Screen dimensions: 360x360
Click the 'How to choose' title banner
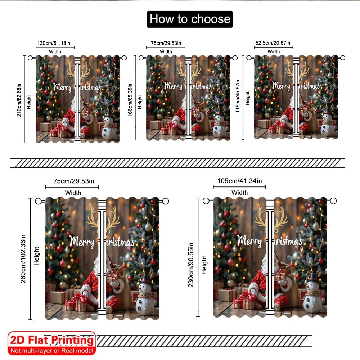[190, 19]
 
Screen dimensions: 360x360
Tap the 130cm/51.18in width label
[55, 43]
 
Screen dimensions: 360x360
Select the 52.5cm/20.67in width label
[273, 43]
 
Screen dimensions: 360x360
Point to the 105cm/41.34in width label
[239, 180]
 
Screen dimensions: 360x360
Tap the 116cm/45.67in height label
[238, 96]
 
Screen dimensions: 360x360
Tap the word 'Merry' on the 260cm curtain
[81, 242]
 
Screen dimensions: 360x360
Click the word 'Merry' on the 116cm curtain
[281, 86]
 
